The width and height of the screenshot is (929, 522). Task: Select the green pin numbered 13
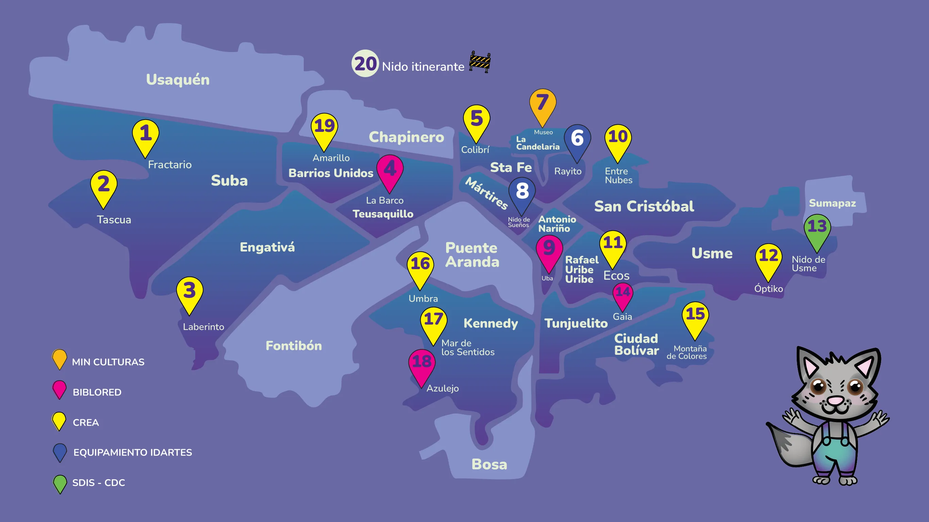[x=817, y=229]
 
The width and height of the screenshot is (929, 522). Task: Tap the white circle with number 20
[x=365, y=64]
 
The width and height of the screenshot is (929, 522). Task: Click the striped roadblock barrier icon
[x=480, y=62]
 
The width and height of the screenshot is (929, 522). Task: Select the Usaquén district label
[x=178, y=80]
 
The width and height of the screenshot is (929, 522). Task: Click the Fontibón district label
[x=293, y=346]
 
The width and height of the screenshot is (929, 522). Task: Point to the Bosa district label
[x=489, y=464]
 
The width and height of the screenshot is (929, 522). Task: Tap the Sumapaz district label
[x=832, y=203]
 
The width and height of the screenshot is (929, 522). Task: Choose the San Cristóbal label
[x=644, y=207]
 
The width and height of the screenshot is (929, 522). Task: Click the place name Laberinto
[x=203, y=327]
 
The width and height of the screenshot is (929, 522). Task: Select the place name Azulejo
[x=442, y=388]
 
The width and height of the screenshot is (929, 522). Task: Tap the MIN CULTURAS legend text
[x=108, y=362]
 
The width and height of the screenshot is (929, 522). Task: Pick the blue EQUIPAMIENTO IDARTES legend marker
[x=60, y=451]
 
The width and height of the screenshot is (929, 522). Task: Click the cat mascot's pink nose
[x=835, y=400]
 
